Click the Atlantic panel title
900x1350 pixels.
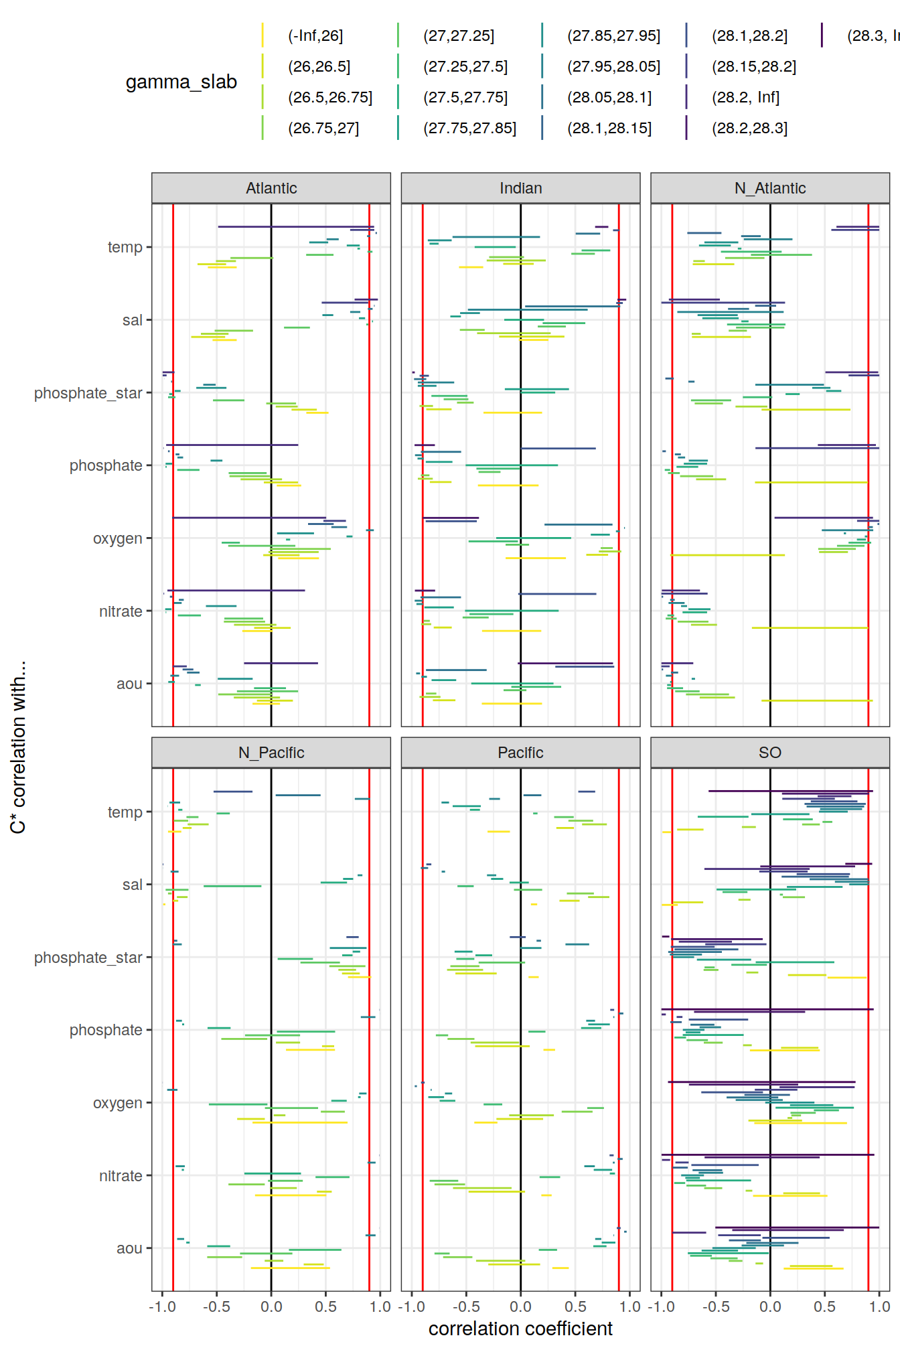[x=271, y=188]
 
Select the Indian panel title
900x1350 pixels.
[x=520, y=188]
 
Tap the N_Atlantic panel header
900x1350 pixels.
[x=770, y=188]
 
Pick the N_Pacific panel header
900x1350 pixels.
[x=271, y=753]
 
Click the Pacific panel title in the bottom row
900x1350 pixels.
[x=520, y=753]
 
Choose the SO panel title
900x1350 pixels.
[x=770, y=753]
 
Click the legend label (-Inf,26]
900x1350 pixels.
[x=315, y=36]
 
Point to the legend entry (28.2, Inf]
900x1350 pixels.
[x=745, y=98]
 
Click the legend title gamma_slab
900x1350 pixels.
[x=181, y=82]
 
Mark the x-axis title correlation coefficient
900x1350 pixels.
[x=520, y=1329]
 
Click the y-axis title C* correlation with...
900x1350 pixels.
[x=18, y=747]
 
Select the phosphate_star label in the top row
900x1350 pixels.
[x=88, y=393]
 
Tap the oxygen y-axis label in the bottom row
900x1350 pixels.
[x=118, y=1103]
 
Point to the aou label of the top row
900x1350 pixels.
[x=129, y=684]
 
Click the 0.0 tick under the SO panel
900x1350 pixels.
[x=770, y=1306]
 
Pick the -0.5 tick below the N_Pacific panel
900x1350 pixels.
[x=216, y=1306]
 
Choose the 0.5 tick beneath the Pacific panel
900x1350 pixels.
[x=575, y=1306]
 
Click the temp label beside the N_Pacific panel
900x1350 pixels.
[x=125, y=812]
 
